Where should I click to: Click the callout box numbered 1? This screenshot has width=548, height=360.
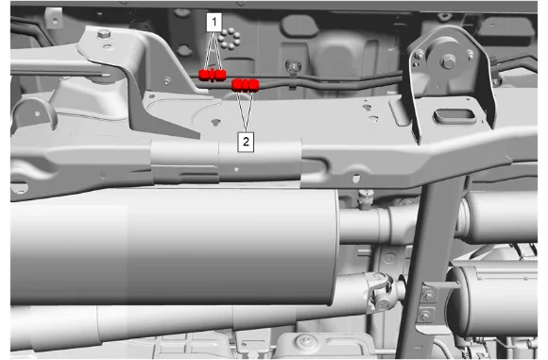pyautogui.click(x=214, y=23)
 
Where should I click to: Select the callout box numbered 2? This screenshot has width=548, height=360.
pyautogui.click(x=246, y=142)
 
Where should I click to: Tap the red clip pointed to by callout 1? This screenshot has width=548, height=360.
pyautogui.click(x=213, y=75)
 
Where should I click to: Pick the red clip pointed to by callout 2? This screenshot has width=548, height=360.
pyautogui.click(x=245, y=85)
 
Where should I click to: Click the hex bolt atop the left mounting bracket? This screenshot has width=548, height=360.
pyautogui.click(x=104, y=34)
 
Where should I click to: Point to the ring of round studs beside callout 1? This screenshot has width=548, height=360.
pyautogui.click(x=230, y=39)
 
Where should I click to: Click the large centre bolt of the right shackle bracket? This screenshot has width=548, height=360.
pyautogui.click(x=448, y=61)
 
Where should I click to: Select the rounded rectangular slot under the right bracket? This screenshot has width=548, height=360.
pyautogui.click(x=454, y=117)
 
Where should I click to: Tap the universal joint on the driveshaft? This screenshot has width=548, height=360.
pyautogui.click(x=380, y=291)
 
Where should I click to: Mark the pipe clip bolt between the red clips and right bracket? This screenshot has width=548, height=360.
pyautogui.click(x=293, y=66)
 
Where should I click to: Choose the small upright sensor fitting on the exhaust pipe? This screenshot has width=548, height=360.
pyautogui.click(x=366, y=199)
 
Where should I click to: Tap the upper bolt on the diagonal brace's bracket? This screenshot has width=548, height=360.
pyautogui.click(x=428, y=297)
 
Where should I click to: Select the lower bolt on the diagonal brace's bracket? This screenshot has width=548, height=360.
pyautogui.click(x=425, y=317)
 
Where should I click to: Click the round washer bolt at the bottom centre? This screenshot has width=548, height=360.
pyautogui.click(x=305, y=341)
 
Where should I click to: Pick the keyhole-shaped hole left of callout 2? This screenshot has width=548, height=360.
pyautogui.click(x=216, y=122)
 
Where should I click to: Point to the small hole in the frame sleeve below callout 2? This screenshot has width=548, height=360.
pyautogui.click(x=236, y=169)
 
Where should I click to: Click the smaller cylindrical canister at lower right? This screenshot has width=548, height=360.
pyautogui.click(x=493, y=300)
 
